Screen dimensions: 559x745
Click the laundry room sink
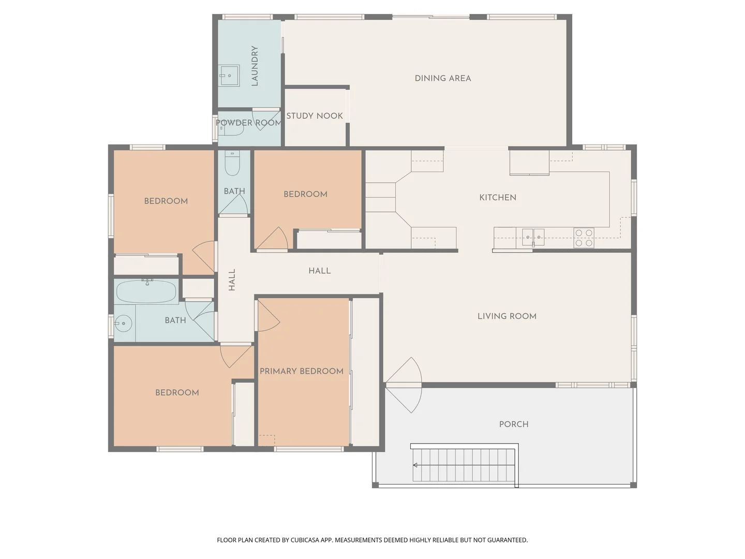(229, 76)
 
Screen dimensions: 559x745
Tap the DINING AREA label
(443, 78)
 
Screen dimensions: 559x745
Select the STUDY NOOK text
(315, 116)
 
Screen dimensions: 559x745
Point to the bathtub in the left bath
(146, 292)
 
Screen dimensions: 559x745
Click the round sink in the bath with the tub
(123, 323)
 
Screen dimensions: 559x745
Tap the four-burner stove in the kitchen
(584, 238)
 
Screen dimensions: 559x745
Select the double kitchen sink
(532, 237)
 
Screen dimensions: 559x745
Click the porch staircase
(464, 465)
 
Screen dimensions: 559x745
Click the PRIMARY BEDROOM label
(302, 371)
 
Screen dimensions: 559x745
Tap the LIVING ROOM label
(506, 316)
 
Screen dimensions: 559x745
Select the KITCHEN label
(497, 197)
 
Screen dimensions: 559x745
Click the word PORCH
(514, 424)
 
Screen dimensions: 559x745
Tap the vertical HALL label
(232, 279)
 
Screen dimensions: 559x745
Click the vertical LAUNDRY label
(255, 66)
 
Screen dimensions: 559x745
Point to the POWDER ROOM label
(249, 123)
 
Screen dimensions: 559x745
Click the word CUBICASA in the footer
(305, 540)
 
